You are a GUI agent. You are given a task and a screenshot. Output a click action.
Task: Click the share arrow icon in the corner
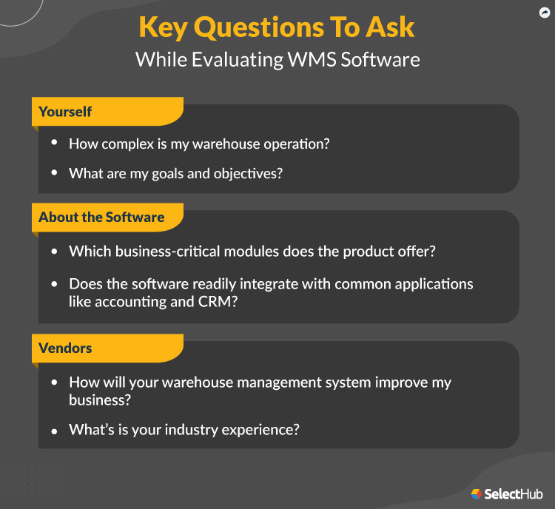(x=545, y=13)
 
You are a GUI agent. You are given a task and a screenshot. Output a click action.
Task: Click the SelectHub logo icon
(x=477, y=493)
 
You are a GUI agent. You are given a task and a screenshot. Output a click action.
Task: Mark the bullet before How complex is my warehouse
(x=54, y=144)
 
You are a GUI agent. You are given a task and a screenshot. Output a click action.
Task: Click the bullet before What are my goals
(x=54, y=173)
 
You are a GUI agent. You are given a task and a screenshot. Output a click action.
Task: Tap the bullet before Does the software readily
(x=54, y=283)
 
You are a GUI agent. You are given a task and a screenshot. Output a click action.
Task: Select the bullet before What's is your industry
(x=54, y=429)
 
